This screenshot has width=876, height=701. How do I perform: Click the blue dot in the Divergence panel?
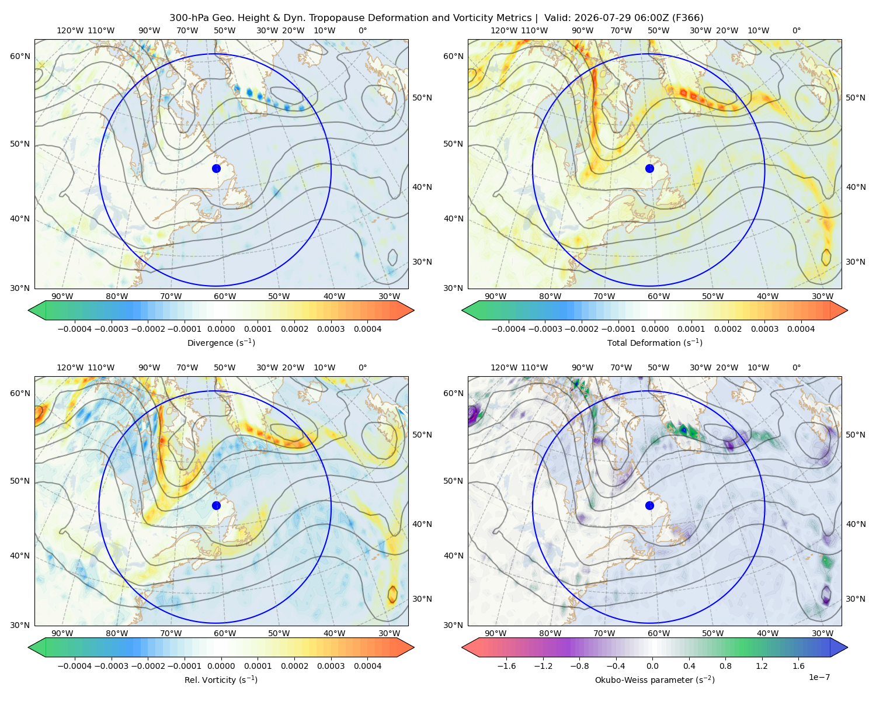click(216, 169)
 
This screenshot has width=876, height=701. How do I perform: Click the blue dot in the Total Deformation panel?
click(649, 169)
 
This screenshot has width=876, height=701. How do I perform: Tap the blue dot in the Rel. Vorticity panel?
click(216, 505)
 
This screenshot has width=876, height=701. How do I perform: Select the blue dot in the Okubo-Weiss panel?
click(649, 505)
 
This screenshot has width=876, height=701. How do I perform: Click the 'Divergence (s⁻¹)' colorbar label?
click(221, 342)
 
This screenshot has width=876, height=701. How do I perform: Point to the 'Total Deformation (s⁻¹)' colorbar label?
click(655, 342)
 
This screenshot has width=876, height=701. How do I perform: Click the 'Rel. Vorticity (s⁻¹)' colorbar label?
click(221, 679)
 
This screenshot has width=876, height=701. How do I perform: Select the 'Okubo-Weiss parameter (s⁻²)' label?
click(655, 679)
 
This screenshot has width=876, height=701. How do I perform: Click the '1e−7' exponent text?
click(819, 677)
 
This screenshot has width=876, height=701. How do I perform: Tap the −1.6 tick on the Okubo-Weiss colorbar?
click(506, 666)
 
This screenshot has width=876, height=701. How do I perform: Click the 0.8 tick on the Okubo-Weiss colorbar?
click(725, 666)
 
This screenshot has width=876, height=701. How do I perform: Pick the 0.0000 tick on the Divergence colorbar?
click(221, 329)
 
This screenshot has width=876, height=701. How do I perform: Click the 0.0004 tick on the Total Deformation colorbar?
click(801, 329)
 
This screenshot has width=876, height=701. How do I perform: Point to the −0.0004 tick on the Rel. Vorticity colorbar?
click(75, 666)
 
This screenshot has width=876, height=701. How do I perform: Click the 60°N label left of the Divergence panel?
click(20, 56)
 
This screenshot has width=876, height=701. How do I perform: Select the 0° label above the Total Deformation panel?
click(797, 30)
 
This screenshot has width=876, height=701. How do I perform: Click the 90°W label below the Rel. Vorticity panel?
click(62, 633)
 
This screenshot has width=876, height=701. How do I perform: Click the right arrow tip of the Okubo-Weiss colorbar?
click(847, 648)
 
